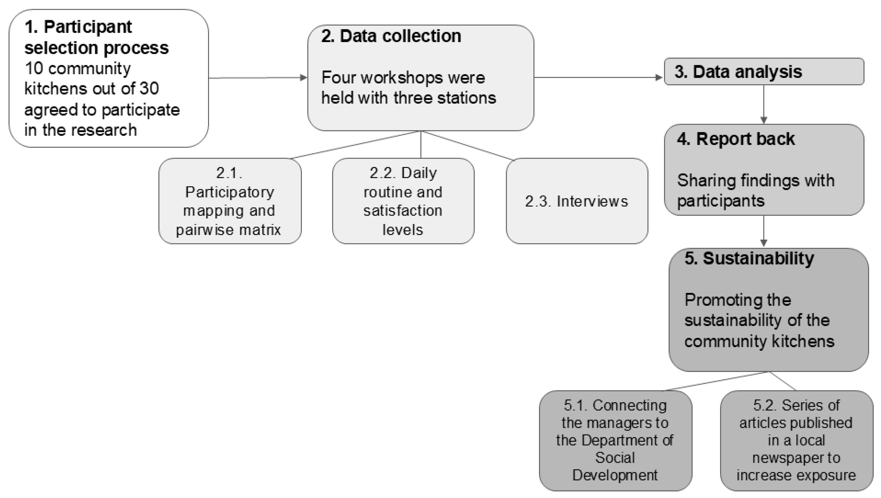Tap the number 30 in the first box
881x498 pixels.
pos(149,89)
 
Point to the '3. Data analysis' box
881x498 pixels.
pos(764,71)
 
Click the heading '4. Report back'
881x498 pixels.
pos(735,139)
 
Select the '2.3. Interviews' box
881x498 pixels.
pos(577,201)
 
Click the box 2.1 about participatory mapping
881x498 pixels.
pos(229,201)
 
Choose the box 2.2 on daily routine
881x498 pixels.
pos(403,201)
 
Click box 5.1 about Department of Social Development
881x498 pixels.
pos(615,440)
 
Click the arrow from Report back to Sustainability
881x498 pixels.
pos(764,231)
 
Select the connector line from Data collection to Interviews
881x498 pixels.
pos(467,146)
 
